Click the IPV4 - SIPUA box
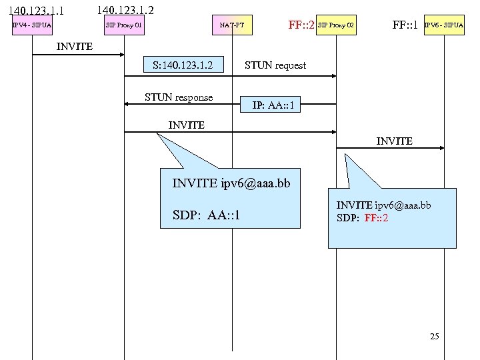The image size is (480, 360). tap(32, 26)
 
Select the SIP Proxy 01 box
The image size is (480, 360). tap(125, 26)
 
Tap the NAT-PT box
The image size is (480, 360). tap(232, 26)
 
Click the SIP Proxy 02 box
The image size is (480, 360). tap(336, 26)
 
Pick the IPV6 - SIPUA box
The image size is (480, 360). tap(443, 26)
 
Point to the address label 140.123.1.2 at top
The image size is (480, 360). tap(125, 10)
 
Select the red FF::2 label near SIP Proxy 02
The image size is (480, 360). tap(301, 26)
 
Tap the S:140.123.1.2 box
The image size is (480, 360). tap(182, 65)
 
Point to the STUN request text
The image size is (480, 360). tap(275, 65)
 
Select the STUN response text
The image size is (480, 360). tap(179, 97)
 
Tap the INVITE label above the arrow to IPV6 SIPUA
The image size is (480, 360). tap(395, 141)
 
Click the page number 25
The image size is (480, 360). tap(435, 337)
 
